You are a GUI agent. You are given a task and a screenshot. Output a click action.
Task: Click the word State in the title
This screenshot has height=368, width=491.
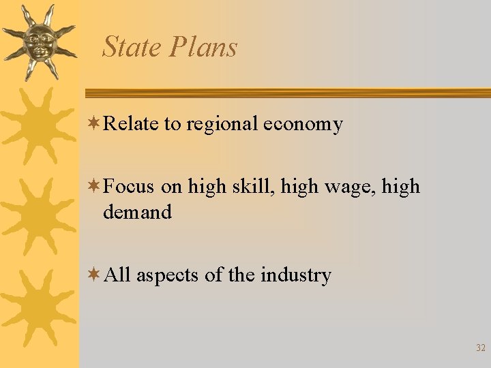pyautogui.click(x=132, y=47)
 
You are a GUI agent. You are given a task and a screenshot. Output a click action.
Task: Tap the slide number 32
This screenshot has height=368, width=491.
pyautogui.click(x=481, y=348)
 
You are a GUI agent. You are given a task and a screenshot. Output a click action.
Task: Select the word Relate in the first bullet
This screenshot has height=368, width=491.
pyautogui.click(x=132, y=124)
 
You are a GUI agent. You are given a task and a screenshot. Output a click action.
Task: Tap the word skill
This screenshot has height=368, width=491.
pyautogui.click(x=248, y=187)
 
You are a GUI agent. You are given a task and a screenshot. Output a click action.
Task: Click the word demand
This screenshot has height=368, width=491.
pyautogui.click(x=137, y=212)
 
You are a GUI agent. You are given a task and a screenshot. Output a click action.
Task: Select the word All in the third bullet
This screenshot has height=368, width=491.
pyautogui.click(x=118, y=275)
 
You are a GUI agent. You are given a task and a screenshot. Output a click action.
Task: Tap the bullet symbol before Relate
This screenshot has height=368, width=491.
pyautogui.click(x=94, y=124)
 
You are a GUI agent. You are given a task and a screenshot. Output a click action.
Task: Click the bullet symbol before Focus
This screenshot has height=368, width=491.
pyautogui.click(x=94, y=187)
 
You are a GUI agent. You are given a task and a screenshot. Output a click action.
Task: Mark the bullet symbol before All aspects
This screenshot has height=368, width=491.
pyautogui.click(x=94, y=275)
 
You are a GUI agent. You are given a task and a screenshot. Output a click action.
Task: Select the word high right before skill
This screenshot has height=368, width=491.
pyautogui.click(x=207, y=187)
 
